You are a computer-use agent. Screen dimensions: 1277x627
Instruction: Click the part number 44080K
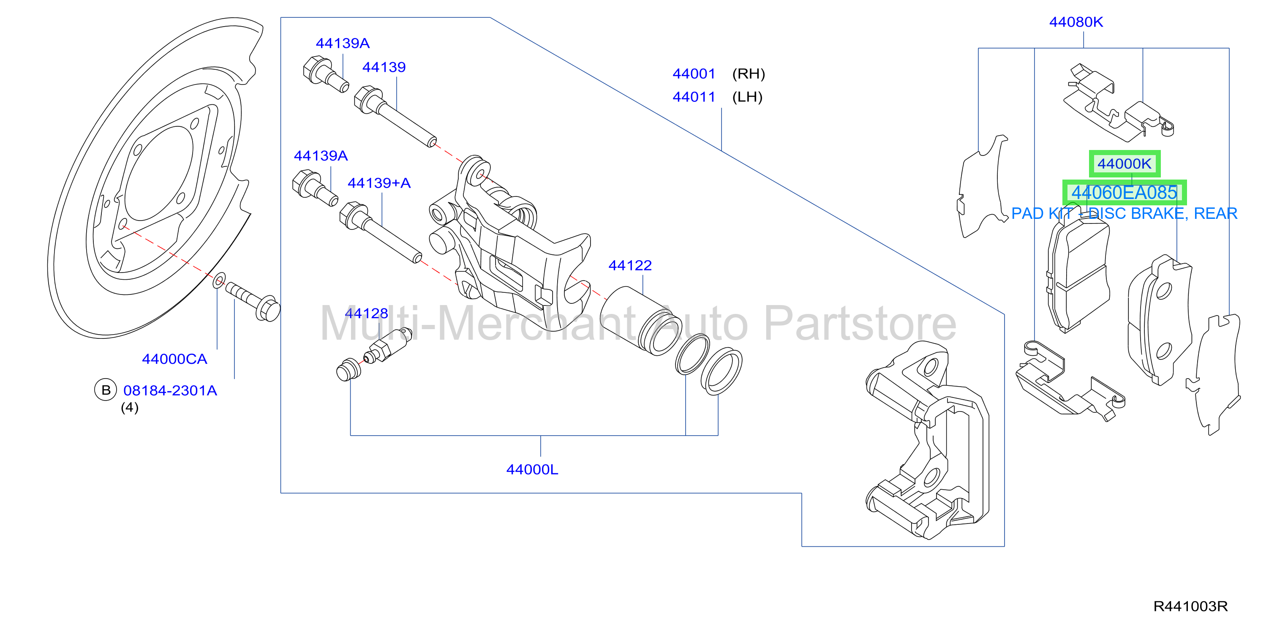(x=1076, y=22)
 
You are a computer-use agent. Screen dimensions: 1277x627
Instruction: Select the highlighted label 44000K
(x=1125, y=164)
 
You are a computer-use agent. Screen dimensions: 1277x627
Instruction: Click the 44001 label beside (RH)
(x=694, y=74)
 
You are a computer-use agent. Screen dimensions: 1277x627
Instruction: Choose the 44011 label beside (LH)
(x=694, y=97)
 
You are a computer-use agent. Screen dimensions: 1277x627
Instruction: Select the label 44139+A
(x=379, y=183)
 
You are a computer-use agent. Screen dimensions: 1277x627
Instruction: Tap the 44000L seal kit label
(x=532, y=469)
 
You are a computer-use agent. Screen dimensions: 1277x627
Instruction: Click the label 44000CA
(x=174, y=359)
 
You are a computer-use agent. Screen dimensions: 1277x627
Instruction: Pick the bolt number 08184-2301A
(x=170, y=390)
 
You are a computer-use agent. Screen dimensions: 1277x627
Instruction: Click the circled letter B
(x=106, y=390)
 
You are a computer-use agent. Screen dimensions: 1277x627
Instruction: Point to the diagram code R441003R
(x=1190, y=606)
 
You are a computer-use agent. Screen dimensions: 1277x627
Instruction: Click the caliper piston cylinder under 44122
(x=640, y=321)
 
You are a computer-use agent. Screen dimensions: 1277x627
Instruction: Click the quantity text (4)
(x=130, y=407)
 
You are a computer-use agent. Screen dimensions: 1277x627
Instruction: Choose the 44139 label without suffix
(x=384, y=68)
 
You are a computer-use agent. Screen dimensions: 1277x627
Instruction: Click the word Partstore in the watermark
(x=860, y=324)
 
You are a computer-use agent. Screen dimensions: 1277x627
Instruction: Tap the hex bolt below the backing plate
(x=253, y=301)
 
